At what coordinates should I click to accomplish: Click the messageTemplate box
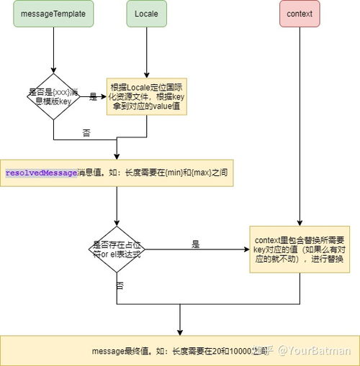coord(53,14)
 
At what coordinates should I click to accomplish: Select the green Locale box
coord(147,14)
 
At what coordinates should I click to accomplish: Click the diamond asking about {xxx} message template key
coord(53,96)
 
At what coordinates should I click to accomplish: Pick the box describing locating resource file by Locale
coord(147,96)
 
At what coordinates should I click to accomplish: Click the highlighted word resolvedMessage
coord(40,173)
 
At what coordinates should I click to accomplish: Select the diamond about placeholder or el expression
coord(117,249)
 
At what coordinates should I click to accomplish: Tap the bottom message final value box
coord(180,350)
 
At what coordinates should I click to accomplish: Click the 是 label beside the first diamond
coord(93,96)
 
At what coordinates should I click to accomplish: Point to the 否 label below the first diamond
coord(87,132)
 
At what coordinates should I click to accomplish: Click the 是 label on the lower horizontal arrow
coord(195,244)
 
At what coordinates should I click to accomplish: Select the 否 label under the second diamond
coord(120,285)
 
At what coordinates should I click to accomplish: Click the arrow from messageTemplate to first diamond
coord(53,50)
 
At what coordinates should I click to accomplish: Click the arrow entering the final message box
coord(180,320)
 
